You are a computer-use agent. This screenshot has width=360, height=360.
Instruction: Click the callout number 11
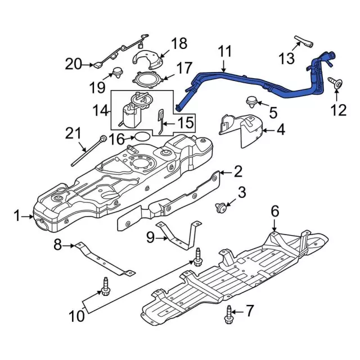(225, 51)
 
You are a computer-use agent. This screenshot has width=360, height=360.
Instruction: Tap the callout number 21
(74, 133)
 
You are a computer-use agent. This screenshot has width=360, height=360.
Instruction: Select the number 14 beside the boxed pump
(100, 110)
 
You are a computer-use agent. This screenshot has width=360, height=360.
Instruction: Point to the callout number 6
(275, 211)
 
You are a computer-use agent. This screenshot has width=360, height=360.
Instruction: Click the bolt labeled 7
(228, 314)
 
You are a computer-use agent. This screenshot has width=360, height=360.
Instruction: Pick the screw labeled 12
(335, 84)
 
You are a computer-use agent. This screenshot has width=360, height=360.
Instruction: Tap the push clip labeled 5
(251, 102)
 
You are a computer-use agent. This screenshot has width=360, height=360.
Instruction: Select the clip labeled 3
(221, 208)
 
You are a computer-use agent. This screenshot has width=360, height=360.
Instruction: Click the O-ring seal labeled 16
(142, 136)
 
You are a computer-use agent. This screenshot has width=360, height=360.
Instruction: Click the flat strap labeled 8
(105, 259)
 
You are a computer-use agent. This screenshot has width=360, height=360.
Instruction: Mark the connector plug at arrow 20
(97, 65)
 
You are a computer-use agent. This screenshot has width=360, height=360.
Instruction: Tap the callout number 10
(76, 316)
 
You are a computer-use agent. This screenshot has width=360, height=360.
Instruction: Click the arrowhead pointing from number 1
(31, 216)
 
